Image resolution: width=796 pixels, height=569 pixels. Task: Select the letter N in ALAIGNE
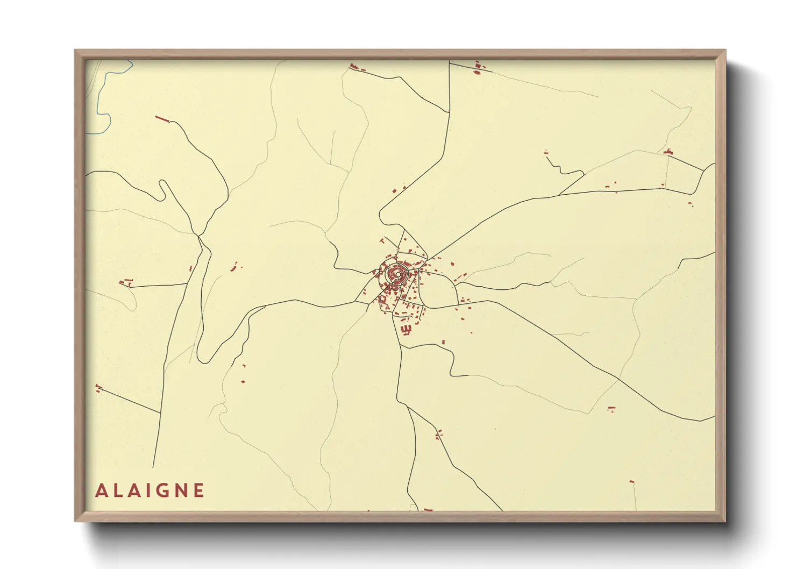point(181,490)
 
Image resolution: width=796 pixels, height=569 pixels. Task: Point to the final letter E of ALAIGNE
point(199,490)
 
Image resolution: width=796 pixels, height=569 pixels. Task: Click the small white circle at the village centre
point(397,275)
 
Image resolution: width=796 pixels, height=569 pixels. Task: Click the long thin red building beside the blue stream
point(161,118)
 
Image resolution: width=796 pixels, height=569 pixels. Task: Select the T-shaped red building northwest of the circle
point(382,240)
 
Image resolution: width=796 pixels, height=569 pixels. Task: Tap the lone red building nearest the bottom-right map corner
point(632,481)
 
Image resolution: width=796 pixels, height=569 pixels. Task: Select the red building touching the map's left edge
point(98,387)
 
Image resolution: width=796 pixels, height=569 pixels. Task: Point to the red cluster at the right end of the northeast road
point(669,152)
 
